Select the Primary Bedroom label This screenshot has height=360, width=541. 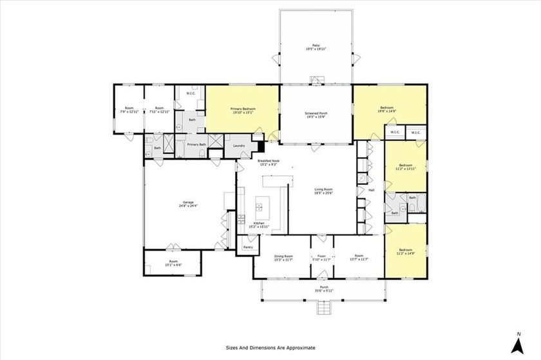click(x=243, y=109)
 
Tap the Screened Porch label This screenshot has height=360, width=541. click(x=316, y=114)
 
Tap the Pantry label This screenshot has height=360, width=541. click(x=247, y=247)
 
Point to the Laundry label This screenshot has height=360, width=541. click(x=239, y=146)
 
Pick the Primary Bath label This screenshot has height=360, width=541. click(x=196, y=145)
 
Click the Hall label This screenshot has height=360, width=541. click(x=371, y=190)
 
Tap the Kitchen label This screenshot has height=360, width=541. click(x=259, y=223)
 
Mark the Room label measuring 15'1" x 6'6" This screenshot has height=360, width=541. click(x=171, y=263)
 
